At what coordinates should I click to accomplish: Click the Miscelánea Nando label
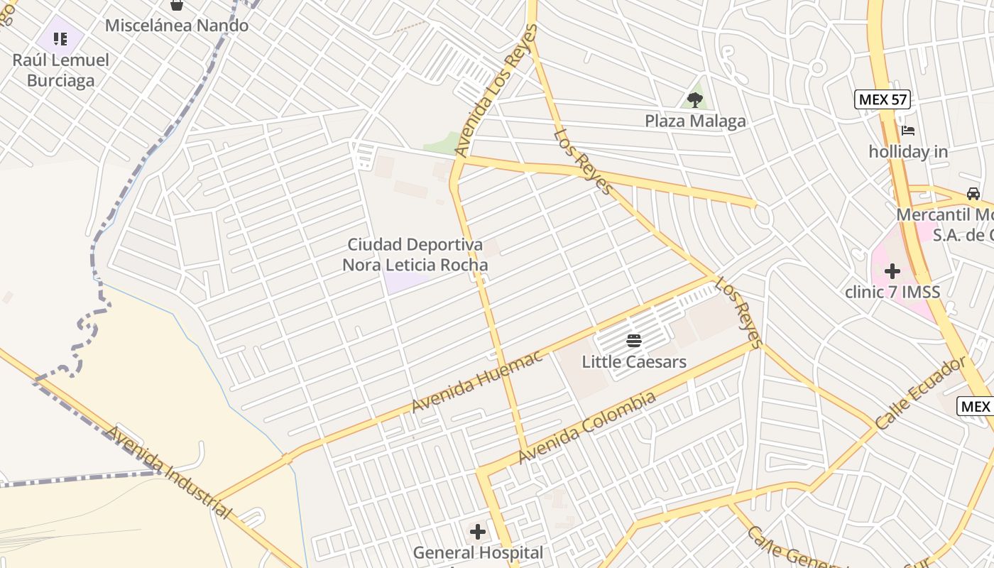coord(177,26)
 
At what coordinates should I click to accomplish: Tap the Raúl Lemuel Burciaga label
coord(61,70)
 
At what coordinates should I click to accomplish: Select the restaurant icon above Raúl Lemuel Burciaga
coord(60,38)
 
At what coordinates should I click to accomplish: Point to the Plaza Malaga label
coord(695,121)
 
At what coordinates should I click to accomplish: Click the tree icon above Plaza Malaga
coord(695,100)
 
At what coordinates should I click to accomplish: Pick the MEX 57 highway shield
coord(882,99)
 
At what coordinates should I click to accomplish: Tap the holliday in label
coord(908,152)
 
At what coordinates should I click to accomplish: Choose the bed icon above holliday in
coord(908,131)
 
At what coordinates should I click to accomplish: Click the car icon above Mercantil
coord(973,194)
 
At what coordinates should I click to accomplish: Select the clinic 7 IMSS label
coord(892,292)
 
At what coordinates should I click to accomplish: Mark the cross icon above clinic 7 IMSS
coord(892,271)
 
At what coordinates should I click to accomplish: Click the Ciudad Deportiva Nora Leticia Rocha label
coord(415,255)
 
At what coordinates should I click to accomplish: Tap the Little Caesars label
coord(634,362)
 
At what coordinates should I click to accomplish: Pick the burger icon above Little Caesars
coord(634,341)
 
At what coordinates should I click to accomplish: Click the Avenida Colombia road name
coord(586,428)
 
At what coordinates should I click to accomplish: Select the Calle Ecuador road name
coord(920,393)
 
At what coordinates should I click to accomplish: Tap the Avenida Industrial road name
coord(169,471)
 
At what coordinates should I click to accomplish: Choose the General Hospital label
coord(478,552)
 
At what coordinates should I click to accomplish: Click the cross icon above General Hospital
coord(478,531)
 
